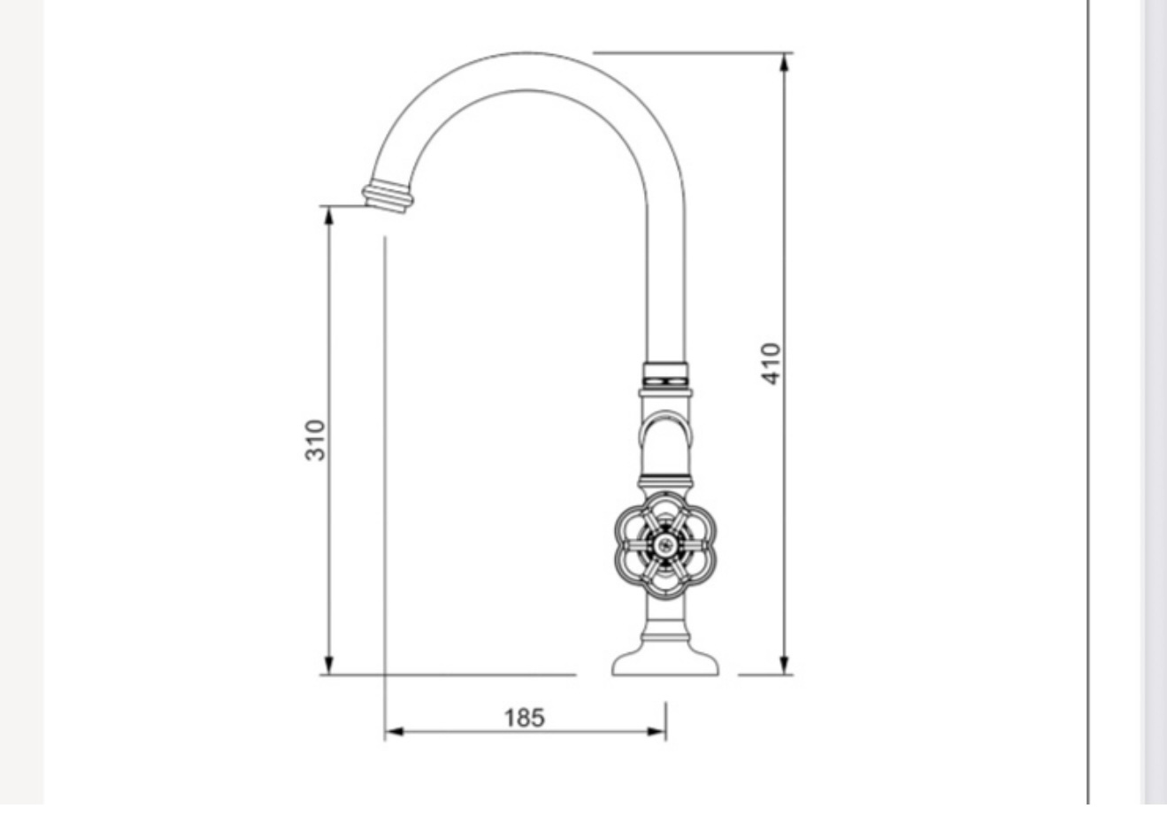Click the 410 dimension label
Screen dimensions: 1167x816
[772, 364]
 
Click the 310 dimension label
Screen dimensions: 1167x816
[315, 441]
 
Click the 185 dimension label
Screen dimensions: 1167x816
[525, 718]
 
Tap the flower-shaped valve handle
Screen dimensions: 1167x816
[665, 545]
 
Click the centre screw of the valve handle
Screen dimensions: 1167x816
[665, 545]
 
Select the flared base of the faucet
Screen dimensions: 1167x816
[665, 658]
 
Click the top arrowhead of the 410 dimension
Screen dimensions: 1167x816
[785, 63]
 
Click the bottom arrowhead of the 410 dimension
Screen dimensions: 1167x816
[785, 665]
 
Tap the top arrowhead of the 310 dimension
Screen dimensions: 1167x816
[329, 216]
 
